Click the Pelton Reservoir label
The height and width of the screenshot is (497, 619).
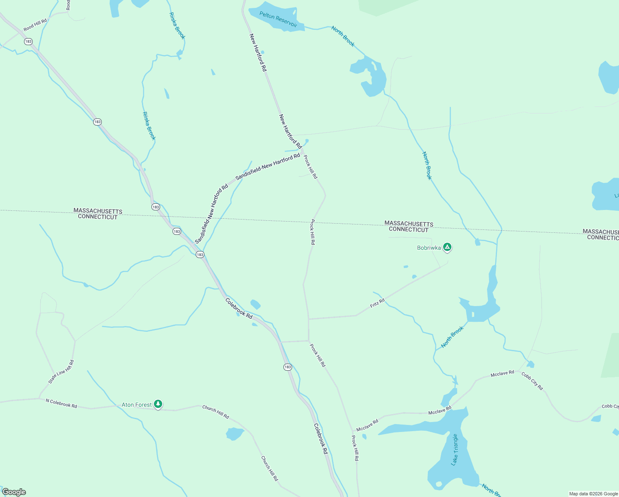[278, 19]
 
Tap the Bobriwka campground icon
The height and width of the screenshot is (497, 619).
[447, 247]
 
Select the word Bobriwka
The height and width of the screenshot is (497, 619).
[429, 248]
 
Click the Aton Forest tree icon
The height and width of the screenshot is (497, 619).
[158, 404]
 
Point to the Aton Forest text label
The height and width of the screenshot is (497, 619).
[137, 405]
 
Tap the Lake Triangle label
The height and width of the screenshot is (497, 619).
[455, 449]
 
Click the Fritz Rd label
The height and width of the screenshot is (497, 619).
[377, 303]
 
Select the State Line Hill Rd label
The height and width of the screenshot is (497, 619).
[61, 372]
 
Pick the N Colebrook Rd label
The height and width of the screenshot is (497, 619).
[61, 403]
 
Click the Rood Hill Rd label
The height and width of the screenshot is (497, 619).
[35, 25]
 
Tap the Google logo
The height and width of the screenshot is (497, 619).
[14, 492]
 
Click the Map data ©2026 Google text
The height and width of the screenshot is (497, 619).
[593, 494]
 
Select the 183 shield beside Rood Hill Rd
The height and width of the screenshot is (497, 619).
[28, 41]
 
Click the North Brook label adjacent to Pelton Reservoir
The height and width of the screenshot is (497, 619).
[343, 36]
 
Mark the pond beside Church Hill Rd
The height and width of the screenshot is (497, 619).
[235, 434]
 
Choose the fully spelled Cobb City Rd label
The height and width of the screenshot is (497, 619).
[532, 381]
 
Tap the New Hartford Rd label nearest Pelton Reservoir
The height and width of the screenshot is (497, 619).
[258, 53]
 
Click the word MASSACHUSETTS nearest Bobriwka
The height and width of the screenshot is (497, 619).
[409, 224]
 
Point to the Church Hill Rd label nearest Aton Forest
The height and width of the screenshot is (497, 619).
[216, 412]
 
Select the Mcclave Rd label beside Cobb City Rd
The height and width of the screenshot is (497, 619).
[502, 373]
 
